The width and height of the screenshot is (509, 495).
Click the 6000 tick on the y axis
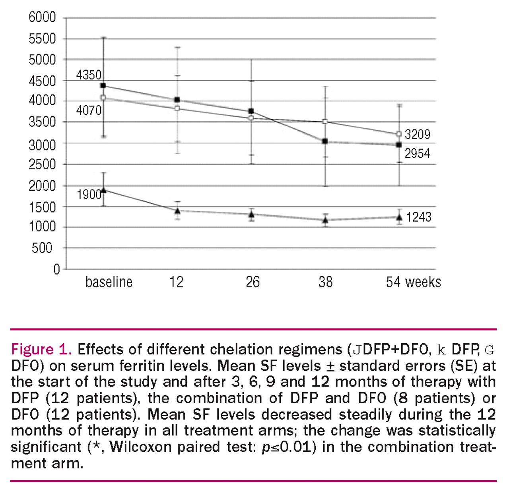coord(42,17)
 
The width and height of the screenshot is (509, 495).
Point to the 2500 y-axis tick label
coord(42,164)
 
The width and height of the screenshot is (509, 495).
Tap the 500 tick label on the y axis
coord(42,248)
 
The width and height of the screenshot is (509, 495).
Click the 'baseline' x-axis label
coord(109,282)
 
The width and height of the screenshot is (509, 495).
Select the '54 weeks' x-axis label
coord(413,282)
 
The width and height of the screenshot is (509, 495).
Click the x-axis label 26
coord(253,282)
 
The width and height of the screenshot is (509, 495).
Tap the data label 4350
coord(89,75)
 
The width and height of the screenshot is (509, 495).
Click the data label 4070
coord(89,110)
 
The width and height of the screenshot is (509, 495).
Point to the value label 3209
coord(418,134)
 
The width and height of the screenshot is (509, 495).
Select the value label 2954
coord(418,153)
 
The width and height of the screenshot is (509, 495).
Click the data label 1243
coord(419,217)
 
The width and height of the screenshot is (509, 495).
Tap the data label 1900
coord(89,195)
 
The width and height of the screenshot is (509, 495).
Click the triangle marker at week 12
coord(177,211)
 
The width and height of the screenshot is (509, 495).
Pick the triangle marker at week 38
coord(325,220)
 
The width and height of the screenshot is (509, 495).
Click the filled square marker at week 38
coord(325,141)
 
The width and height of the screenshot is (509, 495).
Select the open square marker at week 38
coord(325,122)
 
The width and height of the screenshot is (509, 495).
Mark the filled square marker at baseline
coord(103,85)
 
